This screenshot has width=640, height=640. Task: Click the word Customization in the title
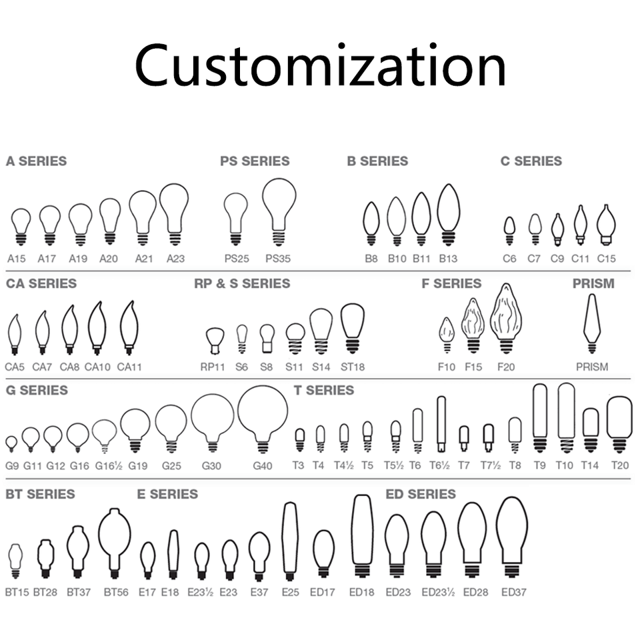click(x=320, y=66)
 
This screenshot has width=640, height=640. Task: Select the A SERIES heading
click(x=36, y=161)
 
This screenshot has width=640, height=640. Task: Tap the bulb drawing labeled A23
click(x=175, y=213)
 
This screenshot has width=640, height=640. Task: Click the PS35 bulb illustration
click(x=279, y=210)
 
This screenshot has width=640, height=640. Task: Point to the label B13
click(x=449, y=259)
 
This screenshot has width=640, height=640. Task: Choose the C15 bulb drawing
click(x=606, y=225)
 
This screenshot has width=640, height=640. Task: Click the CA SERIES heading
click(x=41, y=284)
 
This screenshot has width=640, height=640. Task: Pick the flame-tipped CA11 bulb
click(x=129, y=327)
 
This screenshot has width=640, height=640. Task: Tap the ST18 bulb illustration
click(x=353, y=327)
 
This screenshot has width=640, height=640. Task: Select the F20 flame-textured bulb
click(x=506, y=318)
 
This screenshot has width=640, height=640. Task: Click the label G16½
click(x=105, y=466)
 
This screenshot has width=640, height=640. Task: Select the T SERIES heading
click(x=325, y=391)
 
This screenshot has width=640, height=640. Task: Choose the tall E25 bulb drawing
click(x=290, y=541)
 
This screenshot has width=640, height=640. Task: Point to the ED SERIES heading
click(x=421, y=495)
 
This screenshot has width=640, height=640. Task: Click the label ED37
click(x=514, y=592)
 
